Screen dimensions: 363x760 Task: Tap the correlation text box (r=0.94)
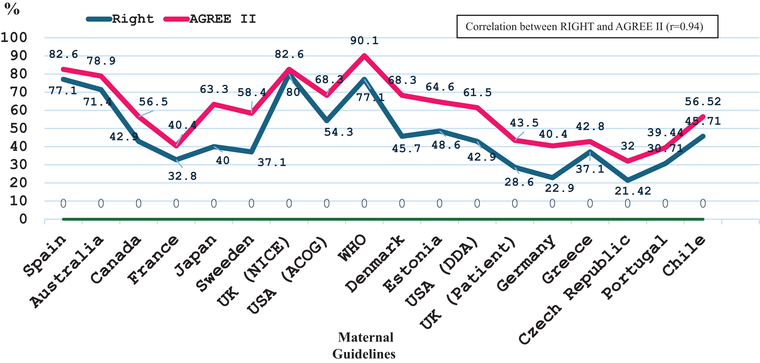[x=587, y=27]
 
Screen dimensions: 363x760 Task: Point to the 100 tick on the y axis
[x=14, y=38]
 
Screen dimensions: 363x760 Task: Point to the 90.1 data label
[x=364, y=41]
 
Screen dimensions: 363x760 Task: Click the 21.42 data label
[x=632, y=191]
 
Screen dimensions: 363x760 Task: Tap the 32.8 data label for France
[x=182, y=176]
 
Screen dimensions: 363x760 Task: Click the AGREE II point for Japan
[x=214, y=104]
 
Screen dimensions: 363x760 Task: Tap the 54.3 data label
[x=338, y=132]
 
